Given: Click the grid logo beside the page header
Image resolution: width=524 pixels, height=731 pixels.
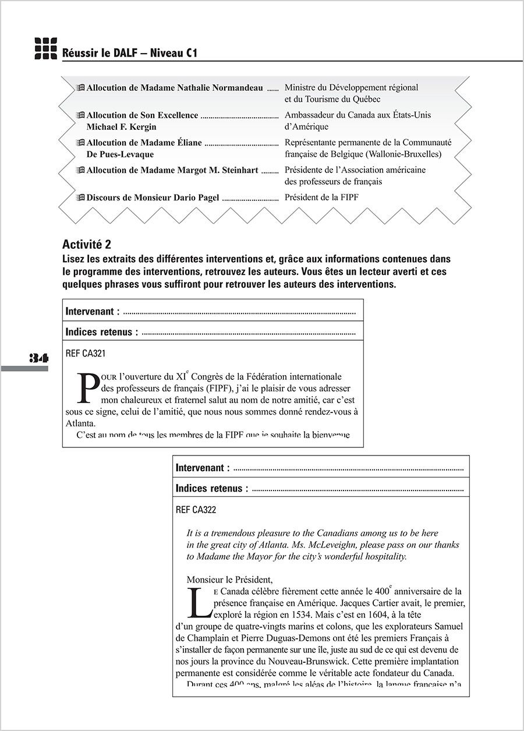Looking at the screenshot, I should (x=45, y=48).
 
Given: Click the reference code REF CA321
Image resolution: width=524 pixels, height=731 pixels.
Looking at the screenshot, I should (x=86, y=353).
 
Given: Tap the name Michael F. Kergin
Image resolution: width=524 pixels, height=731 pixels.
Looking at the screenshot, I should (x=121, y=127).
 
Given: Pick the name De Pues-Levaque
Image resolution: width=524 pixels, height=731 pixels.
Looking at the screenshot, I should (x=120, y=154).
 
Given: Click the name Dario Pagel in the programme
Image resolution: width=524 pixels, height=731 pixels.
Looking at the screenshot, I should (x=196, y=197).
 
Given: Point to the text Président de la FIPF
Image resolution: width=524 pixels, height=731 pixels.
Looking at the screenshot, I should (x=321, y=197).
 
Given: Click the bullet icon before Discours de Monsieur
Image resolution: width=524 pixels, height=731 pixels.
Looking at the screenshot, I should (x=80, y=197).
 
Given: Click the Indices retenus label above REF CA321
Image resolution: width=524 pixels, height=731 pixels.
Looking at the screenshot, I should (x=102, y=332).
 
